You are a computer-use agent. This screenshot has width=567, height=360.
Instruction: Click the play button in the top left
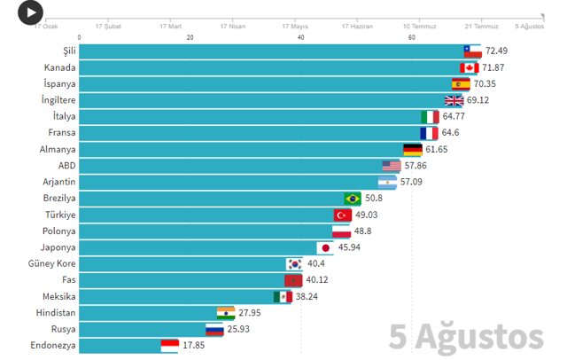point(30,12)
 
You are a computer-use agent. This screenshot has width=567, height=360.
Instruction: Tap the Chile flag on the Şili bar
point(472,51)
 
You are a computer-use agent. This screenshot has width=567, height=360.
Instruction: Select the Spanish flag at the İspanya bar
point(460,83)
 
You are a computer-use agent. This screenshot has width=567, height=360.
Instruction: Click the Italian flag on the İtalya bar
point(430,116)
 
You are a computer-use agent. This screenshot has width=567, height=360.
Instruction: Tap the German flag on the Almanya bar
point(412,149)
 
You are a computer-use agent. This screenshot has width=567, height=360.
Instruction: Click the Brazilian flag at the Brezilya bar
point(352,199)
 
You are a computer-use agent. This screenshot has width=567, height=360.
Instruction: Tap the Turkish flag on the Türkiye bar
point(343,215)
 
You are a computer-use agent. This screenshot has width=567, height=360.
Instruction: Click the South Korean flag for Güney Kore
point(294,263)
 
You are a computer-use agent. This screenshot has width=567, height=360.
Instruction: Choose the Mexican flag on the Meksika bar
point(282,296)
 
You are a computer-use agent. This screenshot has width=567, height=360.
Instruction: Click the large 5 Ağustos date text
point(467,337)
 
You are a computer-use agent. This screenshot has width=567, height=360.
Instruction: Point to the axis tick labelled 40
point(301,37)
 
